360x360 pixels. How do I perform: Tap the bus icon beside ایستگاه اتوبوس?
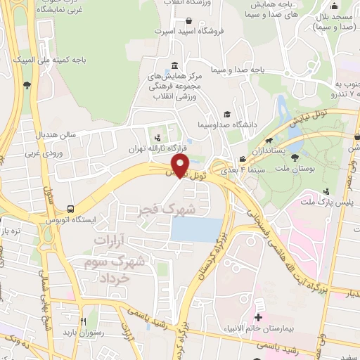pos(70,209)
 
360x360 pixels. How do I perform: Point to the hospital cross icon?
pos(258,319)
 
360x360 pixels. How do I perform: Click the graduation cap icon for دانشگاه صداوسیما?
pos(226,114)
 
